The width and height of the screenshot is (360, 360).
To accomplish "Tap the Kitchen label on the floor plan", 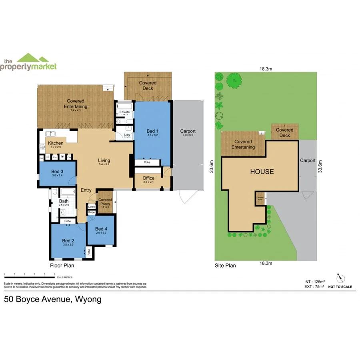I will coord(56,143).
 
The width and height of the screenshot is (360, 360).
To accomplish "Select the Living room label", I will coord(104,161).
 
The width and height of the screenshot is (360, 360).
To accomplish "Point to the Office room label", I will coord(148,178).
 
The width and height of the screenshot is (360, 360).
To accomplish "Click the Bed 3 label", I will coord(58,172).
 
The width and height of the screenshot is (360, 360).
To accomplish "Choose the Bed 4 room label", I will coord(102,229).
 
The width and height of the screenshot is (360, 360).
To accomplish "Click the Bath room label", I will coord(64,201).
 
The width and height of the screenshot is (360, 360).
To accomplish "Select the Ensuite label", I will coord(124,112).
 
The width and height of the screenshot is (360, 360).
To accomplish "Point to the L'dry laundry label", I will coord(127,135).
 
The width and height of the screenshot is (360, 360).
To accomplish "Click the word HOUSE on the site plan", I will coord(262,172).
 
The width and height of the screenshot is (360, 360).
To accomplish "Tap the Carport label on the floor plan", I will coord(188,131).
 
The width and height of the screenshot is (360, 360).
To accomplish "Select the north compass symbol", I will coord(340,278).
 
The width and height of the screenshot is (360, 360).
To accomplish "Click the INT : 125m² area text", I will coord(315,282).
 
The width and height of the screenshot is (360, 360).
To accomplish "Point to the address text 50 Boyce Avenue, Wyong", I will coord(53,299).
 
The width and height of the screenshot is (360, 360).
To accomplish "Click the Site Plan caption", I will coord(225,265).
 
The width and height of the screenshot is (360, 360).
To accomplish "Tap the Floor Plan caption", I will coord(62,265).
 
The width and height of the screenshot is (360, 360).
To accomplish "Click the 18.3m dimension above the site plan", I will coord(265,69).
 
